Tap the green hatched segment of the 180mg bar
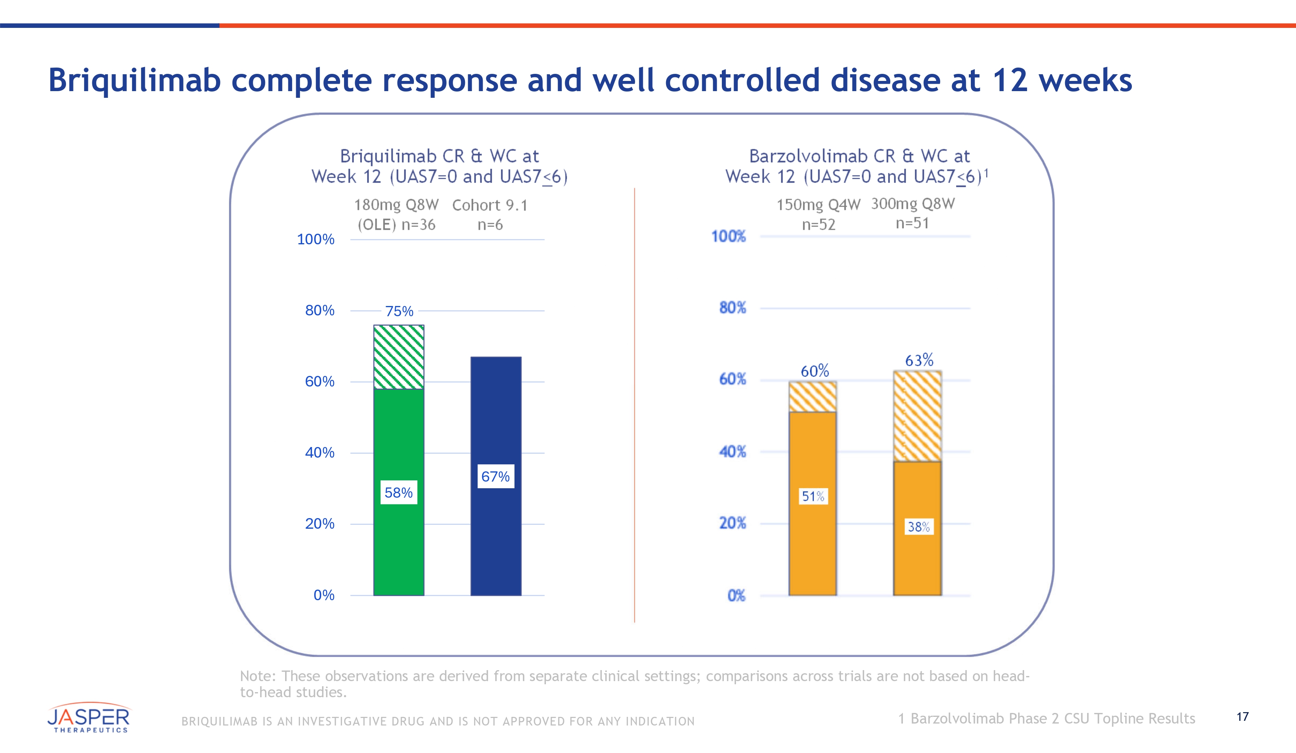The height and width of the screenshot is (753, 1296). [x=399, y=357]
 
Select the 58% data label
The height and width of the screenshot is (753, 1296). [x=399, y=493]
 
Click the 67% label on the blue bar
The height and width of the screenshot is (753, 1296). [x=495, y=476]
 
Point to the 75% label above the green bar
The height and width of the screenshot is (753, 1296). [x=399, y=311]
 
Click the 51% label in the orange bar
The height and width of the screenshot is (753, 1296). [x=813, y=497]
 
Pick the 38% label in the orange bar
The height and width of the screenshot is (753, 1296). [x=919, y=527]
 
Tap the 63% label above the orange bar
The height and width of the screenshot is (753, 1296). [x=919, y=360]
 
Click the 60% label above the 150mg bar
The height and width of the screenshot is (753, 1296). [x=815, y=371]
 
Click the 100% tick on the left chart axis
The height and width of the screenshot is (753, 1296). [x=315, y=239]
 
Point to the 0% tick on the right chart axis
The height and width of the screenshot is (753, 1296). [x=736, y=595]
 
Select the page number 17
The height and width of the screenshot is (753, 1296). [x=1243, y=716]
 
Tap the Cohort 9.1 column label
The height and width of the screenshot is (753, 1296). [x=490, y=205]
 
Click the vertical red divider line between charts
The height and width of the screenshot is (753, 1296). [x=635, y=406]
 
